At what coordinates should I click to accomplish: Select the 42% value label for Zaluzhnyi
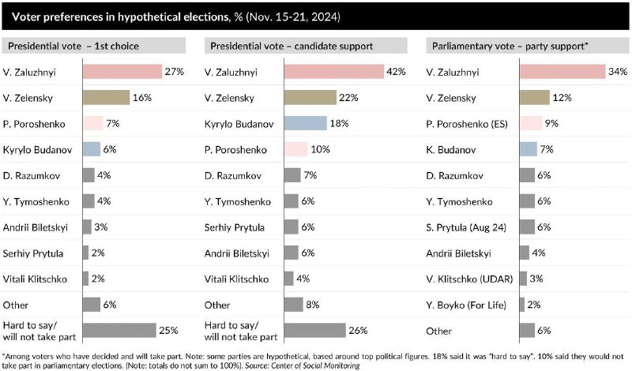point(396,71)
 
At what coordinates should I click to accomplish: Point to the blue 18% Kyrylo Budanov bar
point(304,123)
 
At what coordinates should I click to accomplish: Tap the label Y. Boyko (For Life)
point(462,305)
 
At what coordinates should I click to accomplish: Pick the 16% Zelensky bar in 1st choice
point(106,97)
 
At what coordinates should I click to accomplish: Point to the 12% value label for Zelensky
point(562,97)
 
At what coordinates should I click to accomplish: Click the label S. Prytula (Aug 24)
point(465,227)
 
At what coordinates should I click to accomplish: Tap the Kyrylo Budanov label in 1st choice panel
point(34,149)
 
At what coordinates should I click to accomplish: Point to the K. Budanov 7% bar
point(528,149)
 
